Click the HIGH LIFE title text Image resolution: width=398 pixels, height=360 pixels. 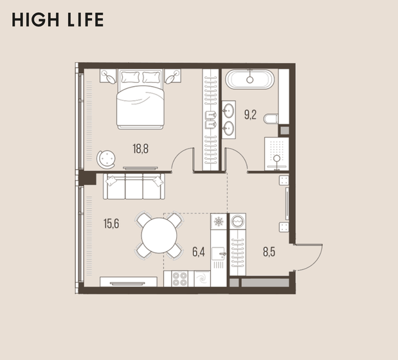58,20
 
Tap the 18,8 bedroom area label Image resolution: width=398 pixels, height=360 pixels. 140,148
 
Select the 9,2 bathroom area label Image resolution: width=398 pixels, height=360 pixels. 250,114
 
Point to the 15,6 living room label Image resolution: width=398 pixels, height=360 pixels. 111,224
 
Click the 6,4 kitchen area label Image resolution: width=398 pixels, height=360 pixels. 199,252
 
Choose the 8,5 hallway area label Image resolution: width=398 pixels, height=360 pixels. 269,252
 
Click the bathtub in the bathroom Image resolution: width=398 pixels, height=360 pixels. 250,80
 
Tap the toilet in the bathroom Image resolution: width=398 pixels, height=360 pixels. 271,119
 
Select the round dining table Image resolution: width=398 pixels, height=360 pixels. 159,235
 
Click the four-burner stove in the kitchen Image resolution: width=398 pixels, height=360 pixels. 179,279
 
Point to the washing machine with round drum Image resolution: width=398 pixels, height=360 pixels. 238,221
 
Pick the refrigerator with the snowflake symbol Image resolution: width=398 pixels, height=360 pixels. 219,222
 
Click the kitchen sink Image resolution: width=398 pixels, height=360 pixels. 219,253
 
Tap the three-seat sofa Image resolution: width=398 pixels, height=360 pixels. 134,186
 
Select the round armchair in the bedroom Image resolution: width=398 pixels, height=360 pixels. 106,159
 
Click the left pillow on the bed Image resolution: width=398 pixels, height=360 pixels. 131,77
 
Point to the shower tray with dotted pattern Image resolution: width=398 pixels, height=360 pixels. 276,154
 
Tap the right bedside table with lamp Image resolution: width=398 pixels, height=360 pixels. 172,76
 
